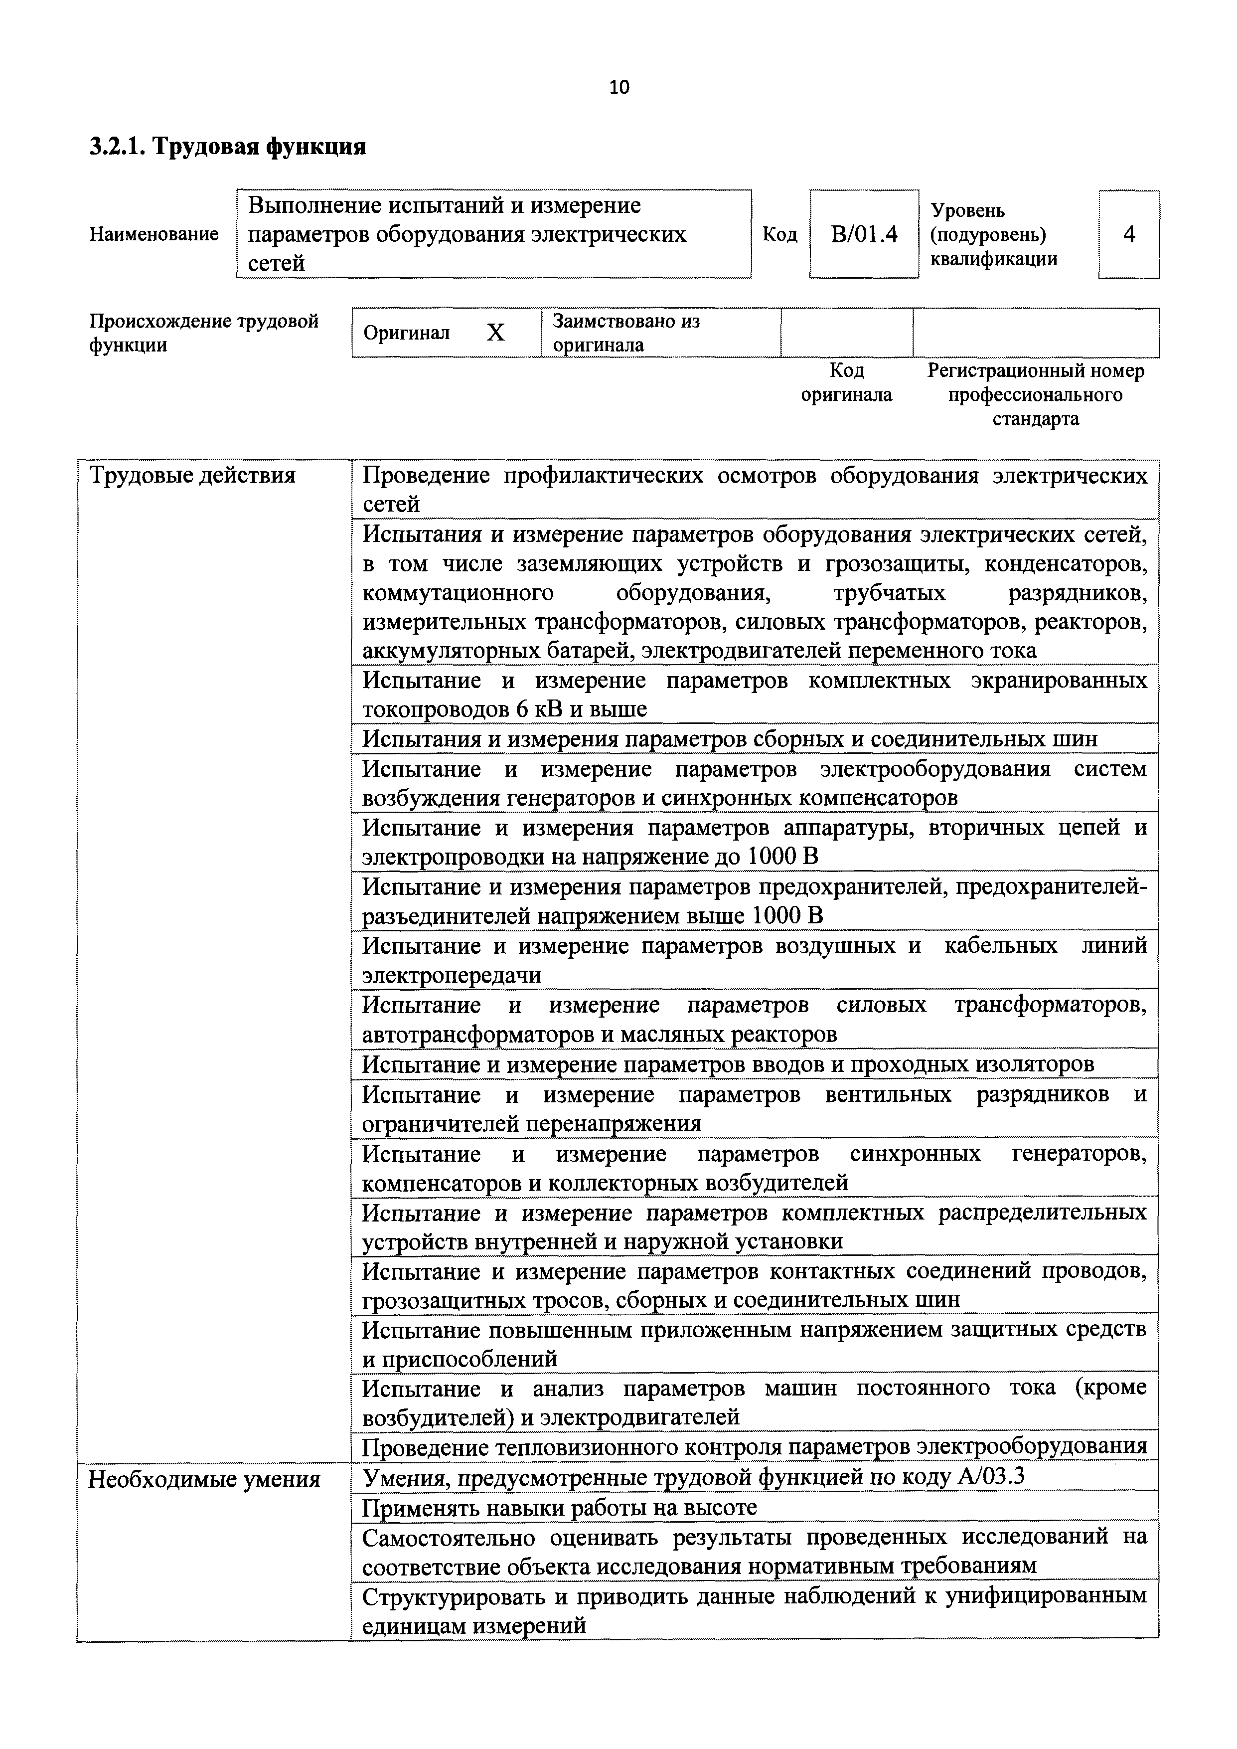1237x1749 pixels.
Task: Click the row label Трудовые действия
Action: pyautogui.click(x=192, y=476)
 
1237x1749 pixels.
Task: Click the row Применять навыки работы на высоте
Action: pyautogui.click(x=559, y=1508)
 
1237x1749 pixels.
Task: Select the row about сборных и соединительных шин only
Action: pyautogui.click(x=730, y=739)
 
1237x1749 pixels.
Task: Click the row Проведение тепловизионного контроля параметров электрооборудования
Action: pyautogui.click(x=754, y=1446)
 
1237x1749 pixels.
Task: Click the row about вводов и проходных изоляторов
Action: pyautogui.click(x=728, y=1063)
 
